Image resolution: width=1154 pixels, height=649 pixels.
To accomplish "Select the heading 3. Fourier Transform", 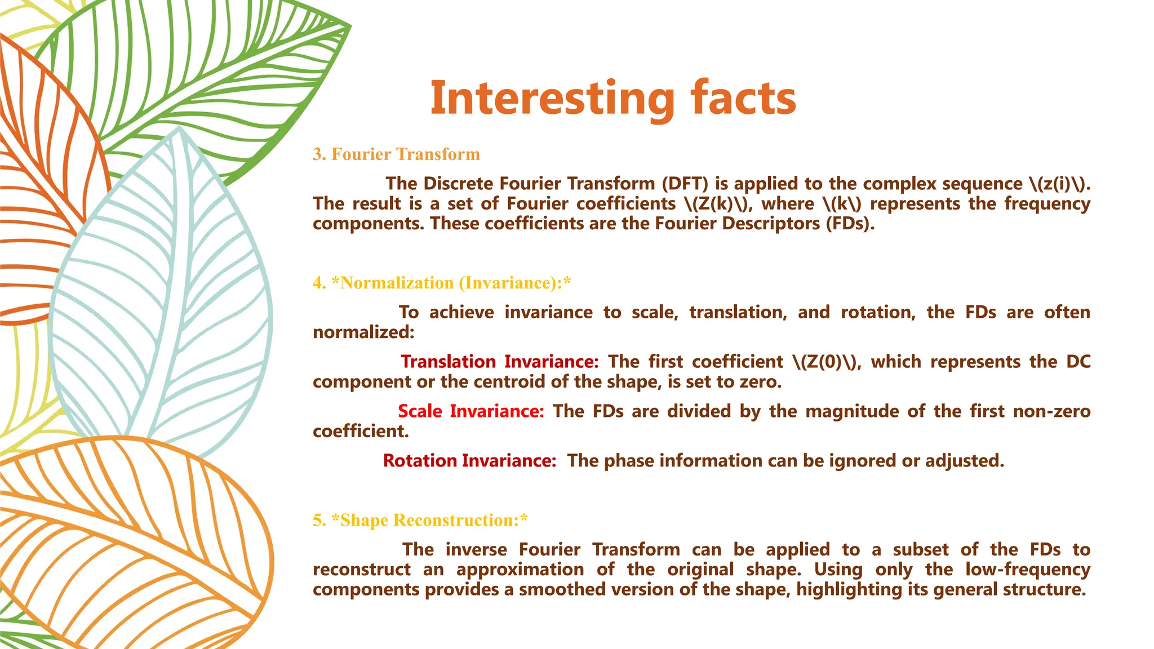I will pos(396,154).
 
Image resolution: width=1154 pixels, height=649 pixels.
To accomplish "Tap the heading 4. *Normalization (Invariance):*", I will pos(442,283).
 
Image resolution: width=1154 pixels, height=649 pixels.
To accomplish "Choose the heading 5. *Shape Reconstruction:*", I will pos(420,520).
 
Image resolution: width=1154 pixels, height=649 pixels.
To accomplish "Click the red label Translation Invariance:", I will pos(499,362).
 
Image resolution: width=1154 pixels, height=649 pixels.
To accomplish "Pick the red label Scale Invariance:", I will pos(471,411).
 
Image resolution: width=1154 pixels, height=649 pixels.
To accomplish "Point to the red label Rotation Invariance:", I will pos(469,461).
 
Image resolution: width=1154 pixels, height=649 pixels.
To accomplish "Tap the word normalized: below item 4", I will pos(363,332).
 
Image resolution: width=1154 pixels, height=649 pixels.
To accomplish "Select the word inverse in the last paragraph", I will pos(477,549).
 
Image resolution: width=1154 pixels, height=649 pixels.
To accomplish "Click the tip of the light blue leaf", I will pos(179,130).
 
